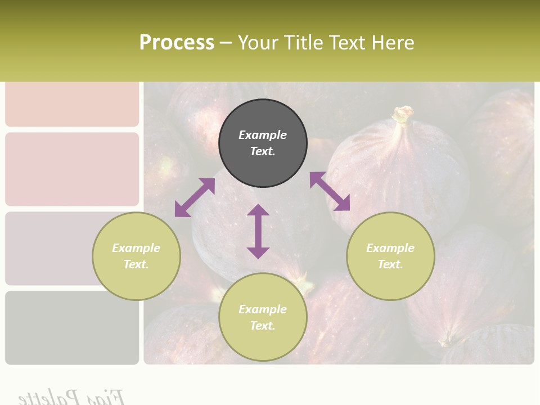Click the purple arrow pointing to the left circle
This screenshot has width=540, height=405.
pyautogui.click(x=195, y=197)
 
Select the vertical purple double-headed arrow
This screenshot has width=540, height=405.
pyautogui.click(x=258, y=231)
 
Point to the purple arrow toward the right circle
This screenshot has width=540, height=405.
pyautogui.click(x=330, y=191)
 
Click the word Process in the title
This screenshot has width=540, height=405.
pyautogui.click(x=177, y=42)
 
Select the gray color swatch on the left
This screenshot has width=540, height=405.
pyautogui.click(x=72, y=327)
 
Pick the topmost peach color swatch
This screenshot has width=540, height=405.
pyautogui.click(x=72, y=103)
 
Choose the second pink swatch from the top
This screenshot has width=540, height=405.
pyautogui.click(x=72, y=169)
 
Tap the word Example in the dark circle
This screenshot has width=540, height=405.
pyautogui.click(x=263, y=135)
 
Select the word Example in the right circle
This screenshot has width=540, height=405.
pyautogui.click(x=390, y=248)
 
